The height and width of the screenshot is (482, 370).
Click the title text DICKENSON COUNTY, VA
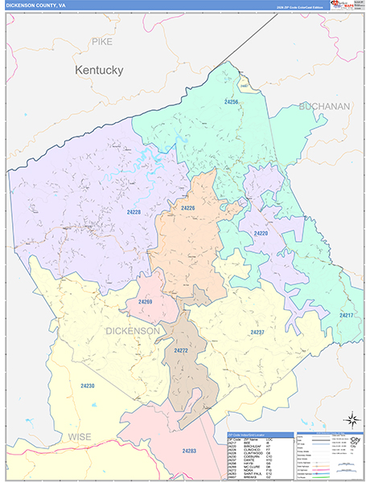(37, 6)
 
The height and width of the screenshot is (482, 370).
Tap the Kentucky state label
(99, 70)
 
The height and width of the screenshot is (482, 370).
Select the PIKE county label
(102, 41)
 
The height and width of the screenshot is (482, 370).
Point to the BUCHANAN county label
(325, 105)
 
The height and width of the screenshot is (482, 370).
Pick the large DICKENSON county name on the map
(133, 330)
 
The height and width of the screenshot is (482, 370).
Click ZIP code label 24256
(232, 102)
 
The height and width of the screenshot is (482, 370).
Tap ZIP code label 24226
(188, 208)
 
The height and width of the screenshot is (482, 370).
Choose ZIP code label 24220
(261, 233)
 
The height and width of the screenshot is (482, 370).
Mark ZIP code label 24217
(347, 315)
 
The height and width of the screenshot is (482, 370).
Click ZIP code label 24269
(146, 301)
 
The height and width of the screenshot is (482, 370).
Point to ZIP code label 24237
(257, 332)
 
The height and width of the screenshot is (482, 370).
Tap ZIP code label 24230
(87, 386)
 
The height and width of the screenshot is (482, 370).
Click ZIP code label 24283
(189, 451)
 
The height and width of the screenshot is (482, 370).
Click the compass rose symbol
(351, 419)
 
